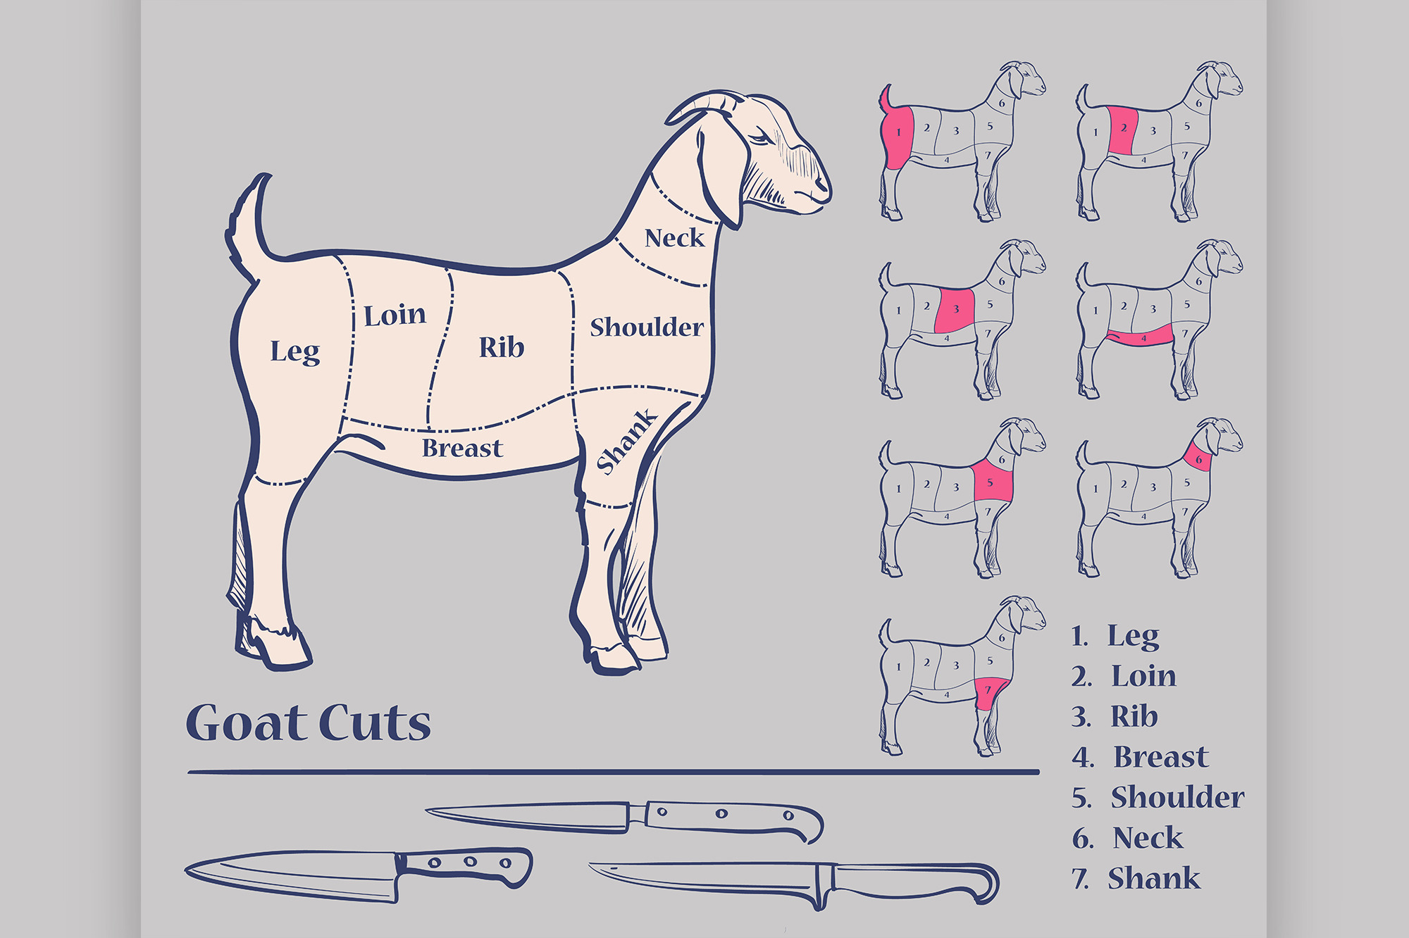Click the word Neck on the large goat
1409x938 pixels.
674,238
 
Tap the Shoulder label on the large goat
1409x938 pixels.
647,327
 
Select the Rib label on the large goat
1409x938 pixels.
502,346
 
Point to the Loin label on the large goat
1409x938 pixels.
395,315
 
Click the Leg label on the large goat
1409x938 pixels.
295,351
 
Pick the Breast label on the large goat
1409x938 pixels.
462,448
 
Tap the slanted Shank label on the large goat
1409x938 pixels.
626,442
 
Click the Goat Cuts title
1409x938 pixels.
308,723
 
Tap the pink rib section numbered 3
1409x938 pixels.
955,310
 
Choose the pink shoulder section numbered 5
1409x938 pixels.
993,482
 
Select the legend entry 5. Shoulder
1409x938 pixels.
1157,798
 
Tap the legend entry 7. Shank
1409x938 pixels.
1136,879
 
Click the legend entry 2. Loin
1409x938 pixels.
1124,677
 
